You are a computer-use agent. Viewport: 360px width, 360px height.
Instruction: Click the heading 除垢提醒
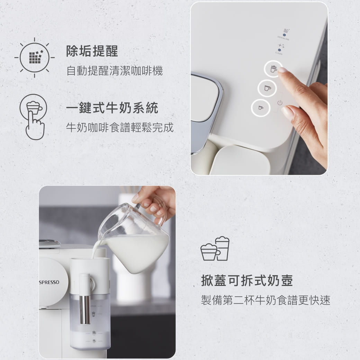(92, 51)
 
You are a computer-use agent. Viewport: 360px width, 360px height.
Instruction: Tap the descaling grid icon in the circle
(35, 57)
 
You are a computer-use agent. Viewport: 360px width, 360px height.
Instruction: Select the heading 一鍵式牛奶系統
(112, 108)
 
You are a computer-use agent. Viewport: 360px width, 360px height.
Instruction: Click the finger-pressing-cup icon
(34, 117)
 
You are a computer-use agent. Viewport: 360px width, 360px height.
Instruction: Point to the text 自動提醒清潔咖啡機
(115, 71)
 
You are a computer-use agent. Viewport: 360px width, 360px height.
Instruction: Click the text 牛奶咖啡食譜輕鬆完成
(120, 127)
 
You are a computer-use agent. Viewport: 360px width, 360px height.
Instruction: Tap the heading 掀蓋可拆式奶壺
(247, 280)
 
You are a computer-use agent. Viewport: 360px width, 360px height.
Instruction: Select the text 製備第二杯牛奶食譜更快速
(265, 300)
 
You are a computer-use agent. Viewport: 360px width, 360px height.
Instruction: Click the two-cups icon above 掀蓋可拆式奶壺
(215, 249)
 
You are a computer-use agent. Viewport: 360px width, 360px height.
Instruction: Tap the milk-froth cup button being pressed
(273, 69)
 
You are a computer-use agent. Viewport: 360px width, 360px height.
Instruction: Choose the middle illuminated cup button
(267, 88)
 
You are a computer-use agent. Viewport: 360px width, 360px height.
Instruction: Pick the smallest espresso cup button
(261, 108)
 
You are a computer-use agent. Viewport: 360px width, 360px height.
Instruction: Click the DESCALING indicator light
(285, 35)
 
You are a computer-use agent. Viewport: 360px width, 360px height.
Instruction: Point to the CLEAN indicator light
(279, 50)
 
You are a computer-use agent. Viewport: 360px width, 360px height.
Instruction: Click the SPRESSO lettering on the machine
(49, 282)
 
